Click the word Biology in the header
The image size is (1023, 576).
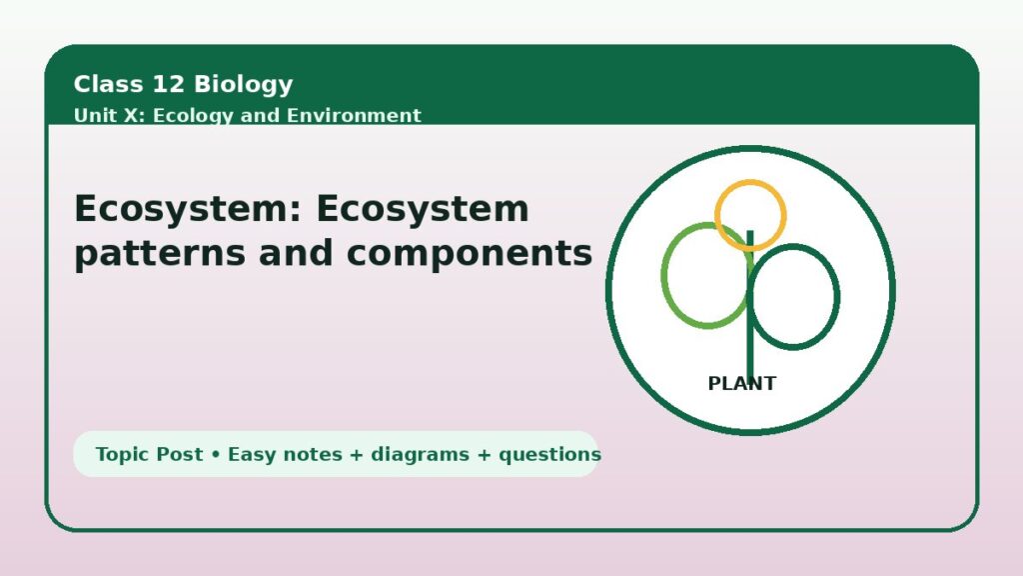244,84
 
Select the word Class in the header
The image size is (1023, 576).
108,84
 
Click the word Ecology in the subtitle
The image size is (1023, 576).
193,116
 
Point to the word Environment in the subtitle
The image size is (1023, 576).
354,116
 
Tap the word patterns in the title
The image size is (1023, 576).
160,254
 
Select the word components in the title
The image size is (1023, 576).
470,254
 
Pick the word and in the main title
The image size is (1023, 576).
296,253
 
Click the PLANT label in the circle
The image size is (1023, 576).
742,383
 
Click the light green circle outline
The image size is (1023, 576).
663,275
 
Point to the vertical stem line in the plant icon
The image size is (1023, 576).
750,304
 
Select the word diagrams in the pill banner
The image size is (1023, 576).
421,454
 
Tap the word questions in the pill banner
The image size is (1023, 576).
550,455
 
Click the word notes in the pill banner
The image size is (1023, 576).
312,455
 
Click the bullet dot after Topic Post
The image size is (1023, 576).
216,455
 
